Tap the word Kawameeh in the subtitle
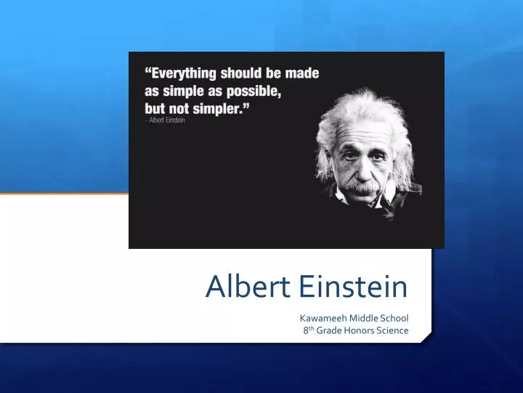pos(324,318)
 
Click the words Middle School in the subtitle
pos(379,318)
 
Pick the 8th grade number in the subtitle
pos(309,330)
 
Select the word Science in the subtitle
pos(392,330)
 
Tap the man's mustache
pos(365,186)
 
